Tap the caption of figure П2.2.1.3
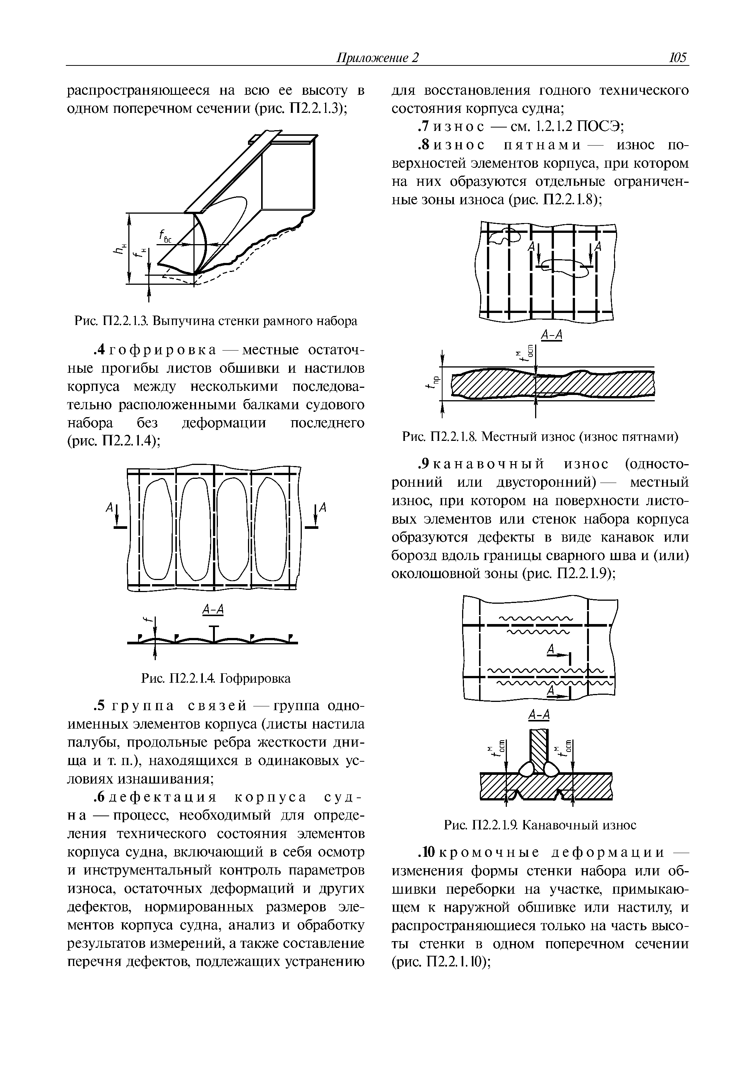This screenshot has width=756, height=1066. (216, 321)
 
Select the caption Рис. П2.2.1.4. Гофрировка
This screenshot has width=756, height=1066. (216, 679)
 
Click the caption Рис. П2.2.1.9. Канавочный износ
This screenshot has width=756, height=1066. (540, 825)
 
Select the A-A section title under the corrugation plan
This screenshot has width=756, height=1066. (214, 609)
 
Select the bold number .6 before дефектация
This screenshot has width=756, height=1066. (100, 797)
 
